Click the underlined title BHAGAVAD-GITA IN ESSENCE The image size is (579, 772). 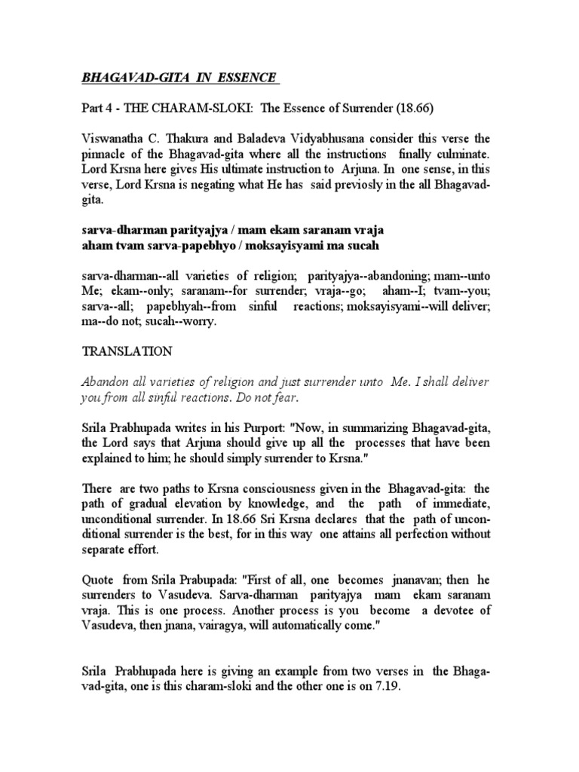pyautogui.click(x=179, y=78)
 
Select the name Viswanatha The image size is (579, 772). pyautogui.click(x=112, y=139)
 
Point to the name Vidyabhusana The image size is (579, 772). pyautogui.click(x=344, y=139)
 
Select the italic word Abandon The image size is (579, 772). pyautogui.click(x=103, y=383)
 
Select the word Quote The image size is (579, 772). pyautogui.click(x=96, y=583)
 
